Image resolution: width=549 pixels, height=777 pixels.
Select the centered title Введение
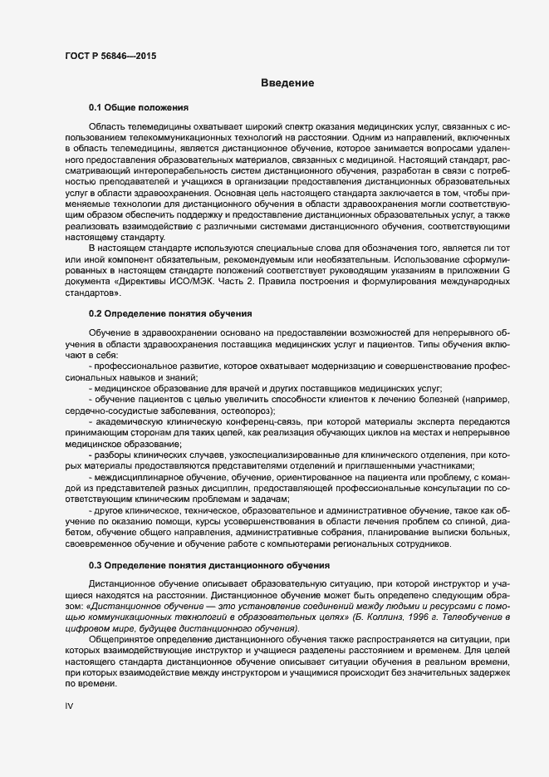287,82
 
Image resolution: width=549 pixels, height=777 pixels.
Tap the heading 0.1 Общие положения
139,108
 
